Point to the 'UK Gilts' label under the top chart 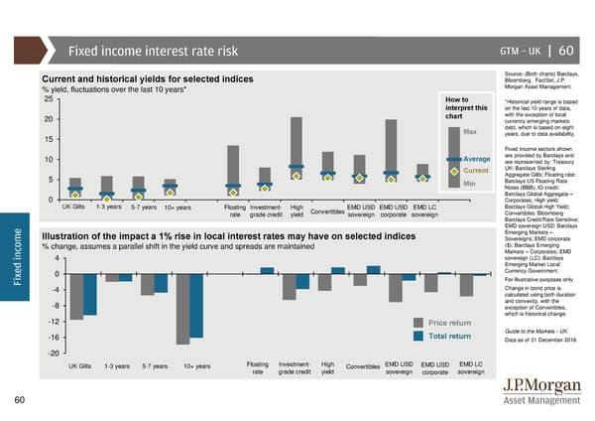point(78,207)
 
